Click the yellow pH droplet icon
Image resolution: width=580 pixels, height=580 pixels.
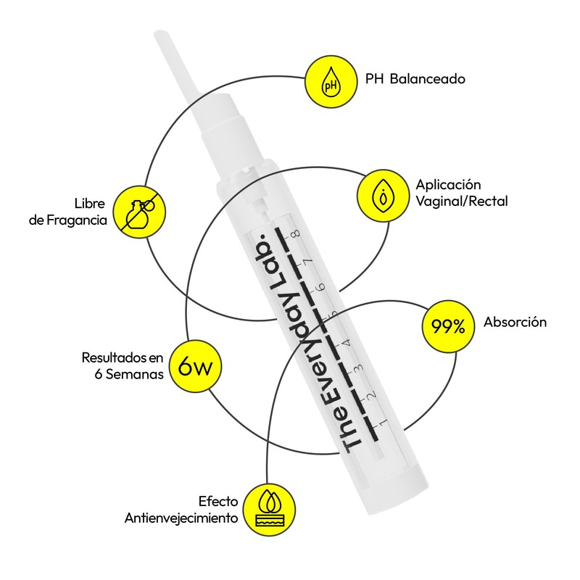pos(331,80)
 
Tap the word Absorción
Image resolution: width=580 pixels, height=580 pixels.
pos(515,323)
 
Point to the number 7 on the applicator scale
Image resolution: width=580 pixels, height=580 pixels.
pos(308,262)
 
